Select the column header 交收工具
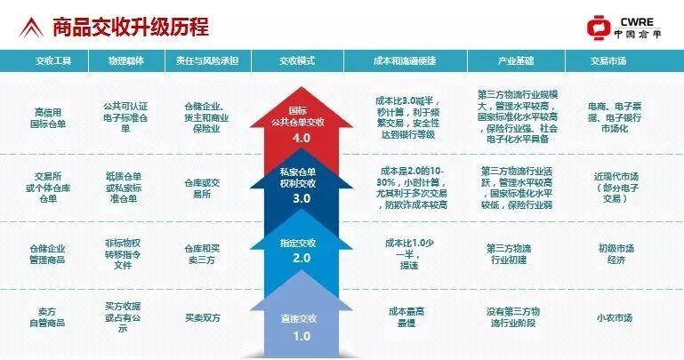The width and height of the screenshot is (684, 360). [x=52, y=62]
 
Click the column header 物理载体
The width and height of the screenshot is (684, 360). [x=125, y=62]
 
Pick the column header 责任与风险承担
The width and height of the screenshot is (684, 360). [x=205, y=62]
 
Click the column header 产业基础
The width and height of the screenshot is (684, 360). [x=511, y=62]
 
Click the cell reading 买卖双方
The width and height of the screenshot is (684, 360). [x=204, y=316]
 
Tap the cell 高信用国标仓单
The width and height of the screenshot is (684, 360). [x=52, y=119]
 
